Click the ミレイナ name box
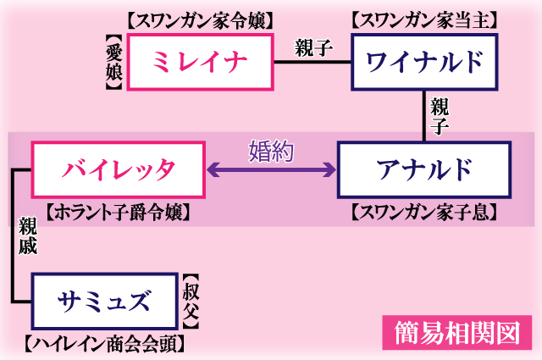click(201, 62)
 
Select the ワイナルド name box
click(425, 62)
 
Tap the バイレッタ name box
click(119, 169)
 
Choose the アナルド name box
click(424, 169)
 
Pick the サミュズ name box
click(105, 301)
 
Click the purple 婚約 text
click(271, 151)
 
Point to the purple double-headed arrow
click(271, 170)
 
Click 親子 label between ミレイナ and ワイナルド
click(312, 47)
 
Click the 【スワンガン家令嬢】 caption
click(201, 19)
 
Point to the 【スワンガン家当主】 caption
click(424, 19)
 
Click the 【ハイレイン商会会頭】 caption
click(105, 344)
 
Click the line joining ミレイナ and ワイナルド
click(312, 62)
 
